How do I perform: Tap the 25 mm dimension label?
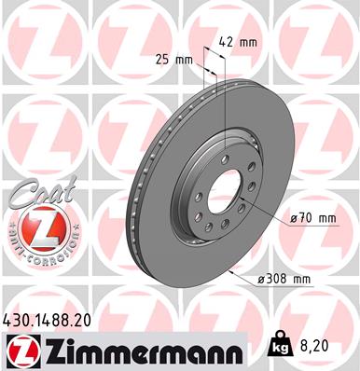[177, 61]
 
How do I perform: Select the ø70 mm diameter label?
[312, 217]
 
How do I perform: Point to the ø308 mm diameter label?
[284, 278]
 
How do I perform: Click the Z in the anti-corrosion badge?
[34, 226]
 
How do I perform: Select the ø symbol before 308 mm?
[262, 278]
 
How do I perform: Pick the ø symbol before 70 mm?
[293, 217]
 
